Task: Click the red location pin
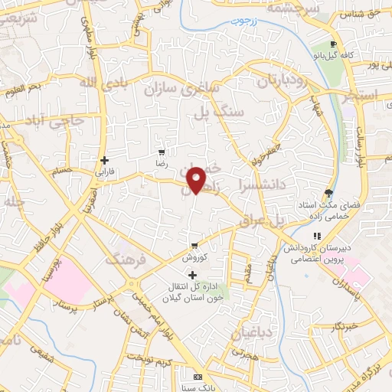(x=197, y=180)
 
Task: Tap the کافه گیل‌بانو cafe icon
(x=333, y=44)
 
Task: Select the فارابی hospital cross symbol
(x=104, y=160)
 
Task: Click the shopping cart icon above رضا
(x=161, y=150)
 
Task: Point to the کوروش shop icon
(x=194, y=246)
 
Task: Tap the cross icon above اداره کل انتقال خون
(x=192, y=275)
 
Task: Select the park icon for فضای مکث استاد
(x=329, y=193)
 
